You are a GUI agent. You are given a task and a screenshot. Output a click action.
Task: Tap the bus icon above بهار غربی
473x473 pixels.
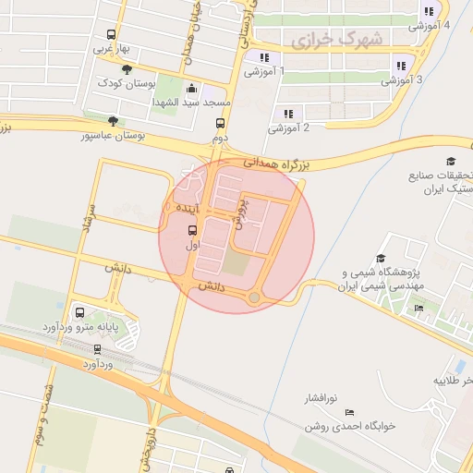[x=113, y=32]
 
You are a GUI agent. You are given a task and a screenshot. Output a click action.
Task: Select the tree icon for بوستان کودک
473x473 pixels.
[x=127, y=68]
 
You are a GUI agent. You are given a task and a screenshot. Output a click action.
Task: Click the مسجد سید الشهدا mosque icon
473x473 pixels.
[x=191, y=89]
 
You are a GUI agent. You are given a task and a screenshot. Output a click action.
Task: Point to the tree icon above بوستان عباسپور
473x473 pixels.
[x=113, y=120]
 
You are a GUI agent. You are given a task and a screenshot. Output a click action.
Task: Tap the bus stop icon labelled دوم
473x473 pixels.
[x=220, y=123]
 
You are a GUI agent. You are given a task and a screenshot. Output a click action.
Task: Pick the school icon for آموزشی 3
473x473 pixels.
[x=400, y=66]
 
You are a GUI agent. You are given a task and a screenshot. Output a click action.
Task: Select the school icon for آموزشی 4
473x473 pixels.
[x=428, y=11]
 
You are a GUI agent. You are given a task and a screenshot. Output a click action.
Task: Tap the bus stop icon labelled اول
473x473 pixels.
[x=192, y=230]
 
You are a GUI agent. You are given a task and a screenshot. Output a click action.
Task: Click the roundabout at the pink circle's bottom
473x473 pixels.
[x=254, y=297]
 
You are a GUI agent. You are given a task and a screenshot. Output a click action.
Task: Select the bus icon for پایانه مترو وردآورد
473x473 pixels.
[x=79, y=312]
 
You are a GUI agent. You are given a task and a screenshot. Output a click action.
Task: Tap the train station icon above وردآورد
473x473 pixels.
[x=97, y=349]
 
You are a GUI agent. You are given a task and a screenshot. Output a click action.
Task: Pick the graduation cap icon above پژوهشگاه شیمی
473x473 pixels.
[x=380, y=259]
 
